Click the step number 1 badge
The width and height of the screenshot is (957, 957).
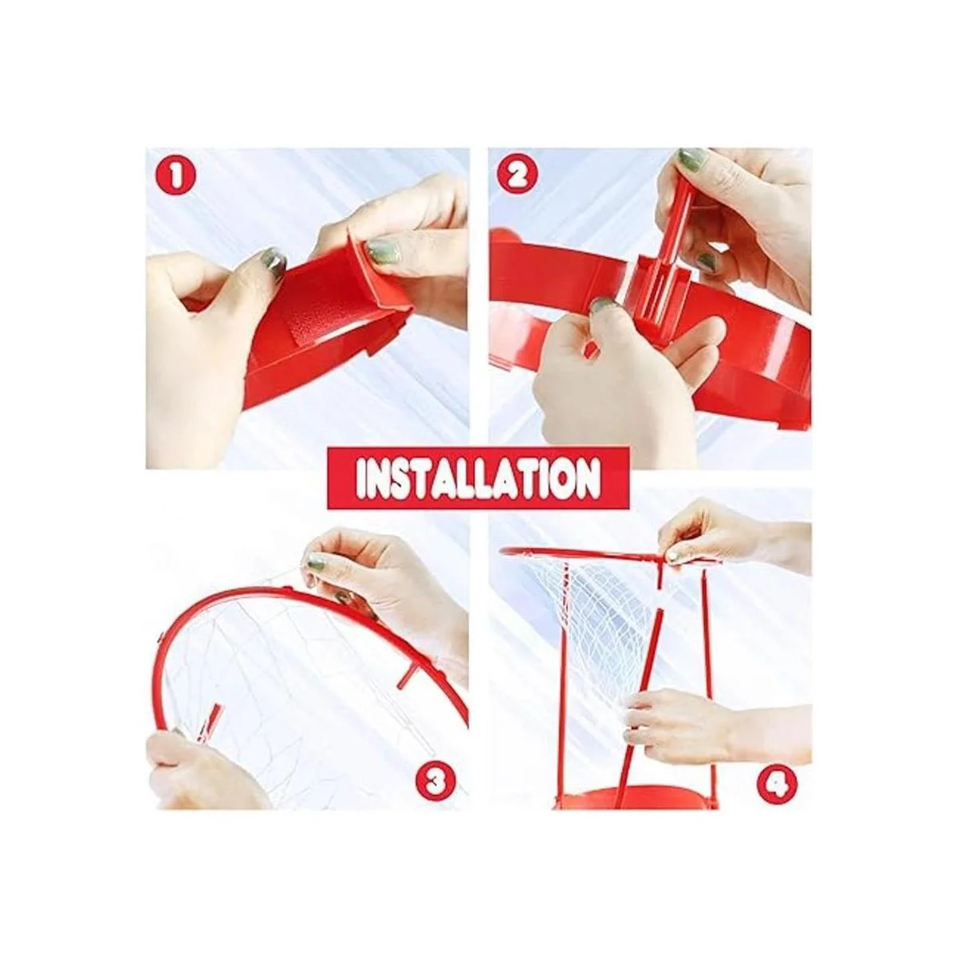coord(175,177)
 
